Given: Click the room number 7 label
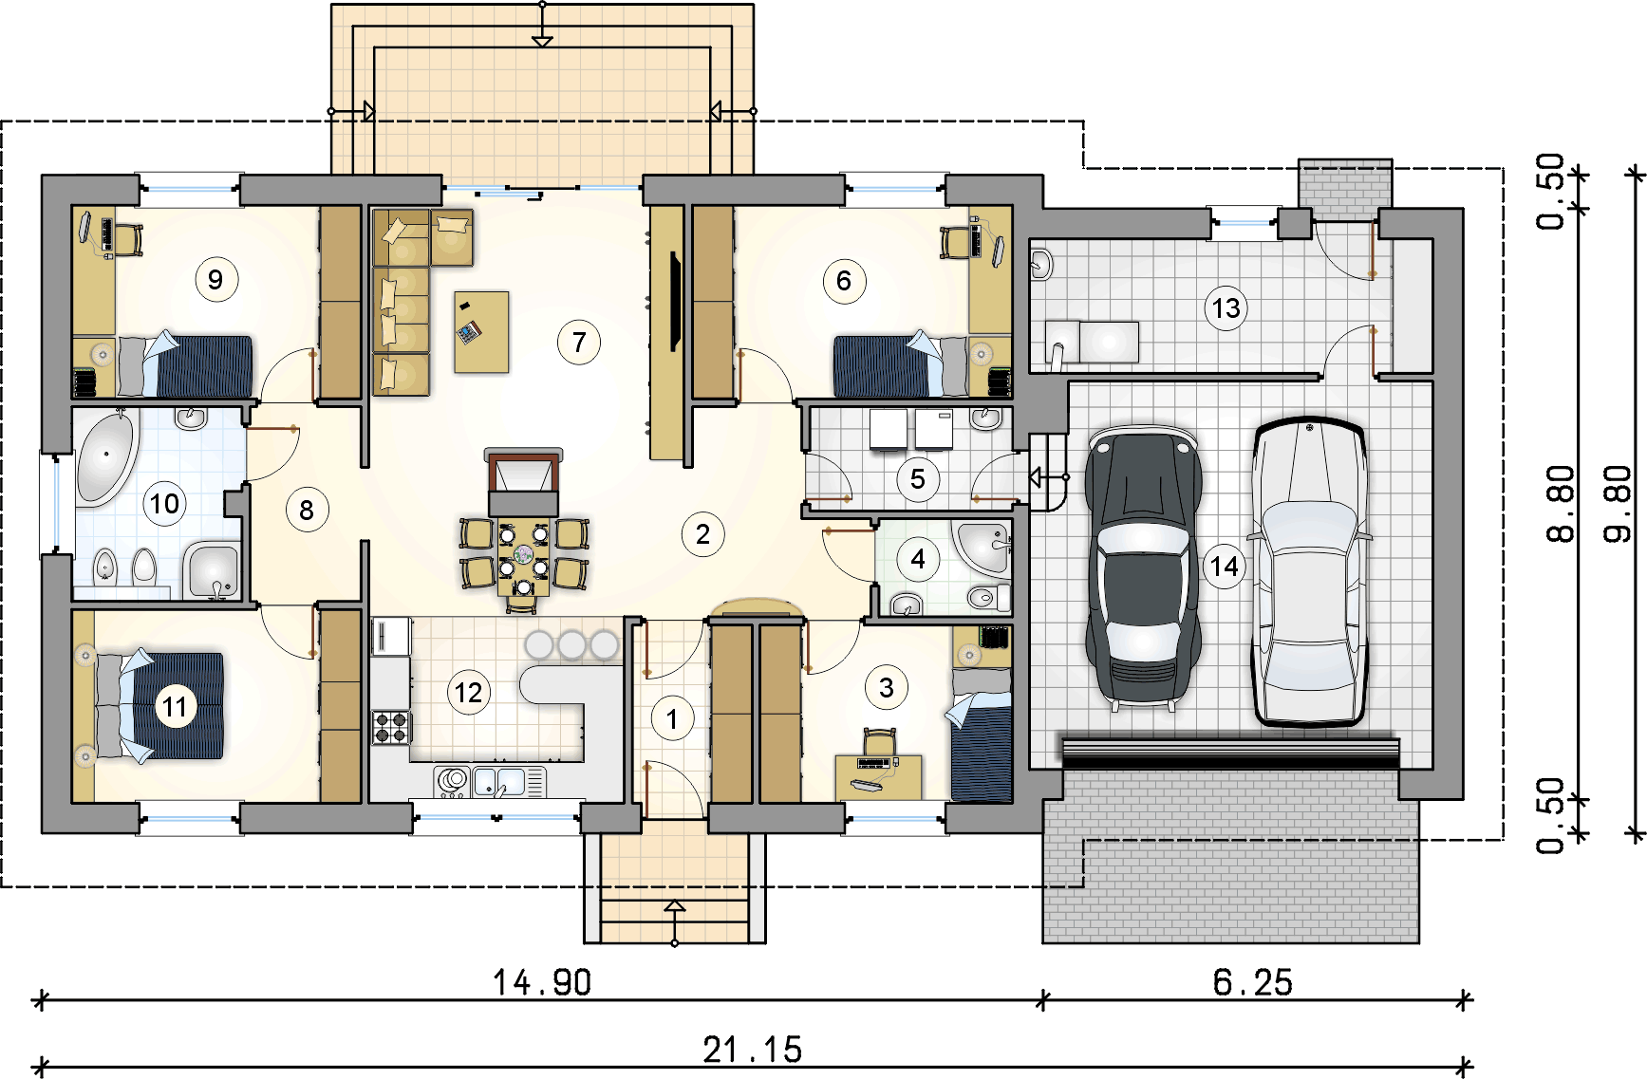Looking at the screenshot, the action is pyautogui.click(x=579, y=342).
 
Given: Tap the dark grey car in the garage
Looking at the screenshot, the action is pyautogui.click(x=1144, y=567).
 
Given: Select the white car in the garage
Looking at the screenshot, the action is pyautogui.click(x=1309, y=572).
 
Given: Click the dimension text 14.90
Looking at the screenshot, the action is pyautogui.click(x=542, y=982).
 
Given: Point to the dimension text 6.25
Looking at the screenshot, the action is pyautogui.click(x=1252, y=982).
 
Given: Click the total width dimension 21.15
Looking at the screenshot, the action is pyautogui.click(x=753, y=1050).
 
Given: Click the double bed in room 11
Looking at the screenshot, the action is pyautogui.click(x=158, y=705).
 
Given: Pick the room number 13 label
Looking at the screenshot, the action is pyautogui.click(x=1226, y=307).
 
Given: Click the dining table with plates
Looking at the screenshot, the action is pyautogui.click(x=523, y=555).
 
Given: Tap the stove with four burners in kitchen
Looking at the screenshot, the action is pyautogui.click(x=390, y=727).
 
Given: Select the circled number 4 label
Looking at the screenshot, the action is pyautogui.click(x=917, y=559).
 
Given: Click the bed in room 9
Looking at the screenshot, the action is pyautogui.click(x=184, y=365).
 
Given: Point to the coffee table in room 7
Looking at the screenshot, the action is pyautogui.click(x=481, y=331).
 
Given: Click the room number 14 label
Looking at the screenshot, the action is pyautogui.click(x=1225, y=567).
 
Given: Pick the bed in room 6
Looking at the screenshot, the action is pyautogui.click(x=900, y=365).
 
